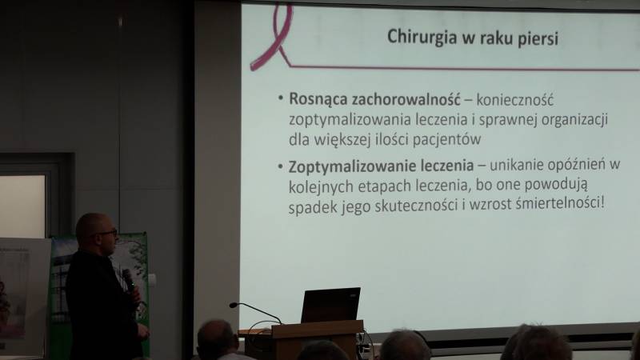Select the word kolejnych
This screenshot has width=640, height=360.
point(320,187)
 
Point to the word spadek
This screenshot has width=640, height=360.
point(311,206)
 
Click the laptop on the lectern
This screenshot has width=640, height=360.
point(330,305)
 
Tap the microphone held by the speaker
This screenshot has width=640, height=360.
point(127,279)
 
